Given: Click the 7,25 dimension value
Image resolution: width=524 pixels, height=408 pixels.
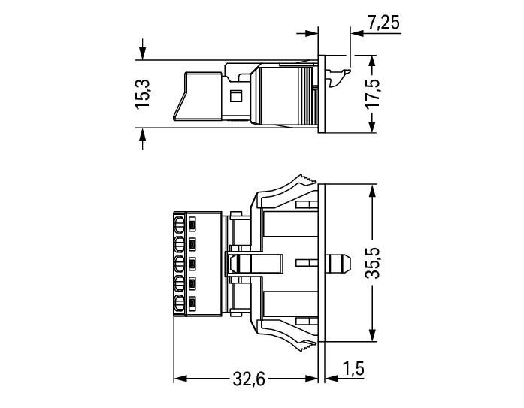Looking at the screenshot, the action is click(383, 23).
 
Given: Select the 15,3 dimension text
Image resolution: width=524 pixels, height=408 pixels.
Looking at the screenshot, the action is click(143, 94).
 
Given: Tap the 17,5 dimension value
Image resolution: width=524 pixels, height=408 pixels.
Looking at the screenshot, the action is click(372, 93).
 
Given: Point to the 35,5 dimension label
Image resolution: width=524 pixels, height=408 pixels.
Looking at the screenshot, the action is click(372, 263).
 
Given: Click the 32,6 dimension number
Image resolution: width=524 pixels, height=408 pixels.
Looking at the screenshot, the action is click(249, 379).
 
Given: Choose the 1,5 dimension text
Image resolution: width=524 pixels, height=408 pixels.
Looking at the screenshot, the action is click(353, 369).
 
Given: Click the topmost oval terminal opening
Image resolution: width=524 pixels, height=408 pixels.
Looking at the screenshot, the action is click(180, 225).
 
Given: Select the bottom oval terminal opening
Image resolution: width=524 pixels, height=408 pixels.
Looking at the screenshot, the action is click(180, 304).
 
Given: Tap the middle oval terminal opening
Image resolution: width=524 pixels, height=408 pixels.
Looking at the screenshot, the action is click(180, 264).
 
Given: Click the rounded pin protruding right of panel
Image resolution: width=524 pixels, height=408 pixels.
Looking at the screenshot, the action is click(338, 263).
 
